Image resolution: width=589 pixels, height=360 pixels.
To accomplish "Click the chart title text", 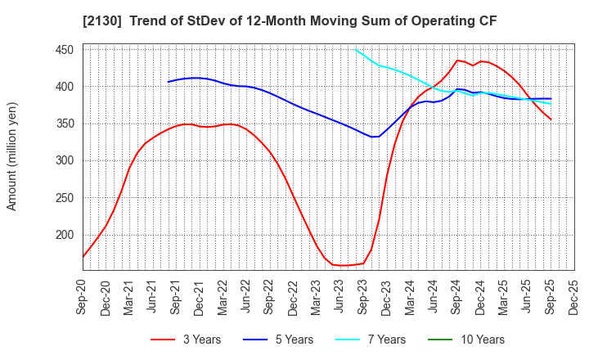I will click(294, 18).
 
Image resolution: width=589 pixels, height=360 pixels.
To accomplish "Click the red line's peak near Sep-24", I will click(458, 60).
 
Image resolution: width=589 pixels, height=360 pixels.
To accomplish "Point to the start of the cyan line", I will click(356, 50).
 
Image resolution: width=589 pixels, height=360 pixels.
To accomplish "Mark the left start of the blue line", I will click(169, 82).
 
